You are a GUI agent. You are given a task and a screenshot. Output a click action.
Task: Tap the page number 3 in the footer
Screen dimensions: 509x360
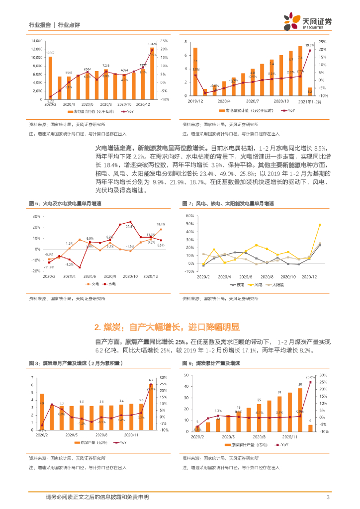pyautogui.click(x=328, y=497)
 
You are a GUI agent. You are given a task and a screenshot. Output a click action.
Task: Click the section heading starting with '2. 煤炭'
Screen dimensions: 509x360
pyautogui.click(x=167, y=327)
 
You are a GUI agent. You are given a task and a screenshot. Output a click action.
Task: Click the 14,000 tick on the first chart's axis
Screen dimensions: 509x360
pyautogui.click(x=35, y=41)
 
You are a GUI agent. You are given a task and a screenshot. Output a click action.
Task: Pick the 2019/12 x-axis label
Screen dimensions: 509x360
pyautogui.click(x=195, y=101)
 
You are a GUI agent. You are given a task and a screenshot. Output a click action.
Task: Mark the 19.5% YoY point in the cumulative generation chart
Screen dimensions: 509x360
pyautogui.click(x=310, y=50)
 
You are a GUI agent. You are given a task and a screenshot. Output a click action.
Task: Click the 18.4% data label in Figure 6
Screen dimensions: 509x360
pyautogui.click(x=161, y=225)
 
